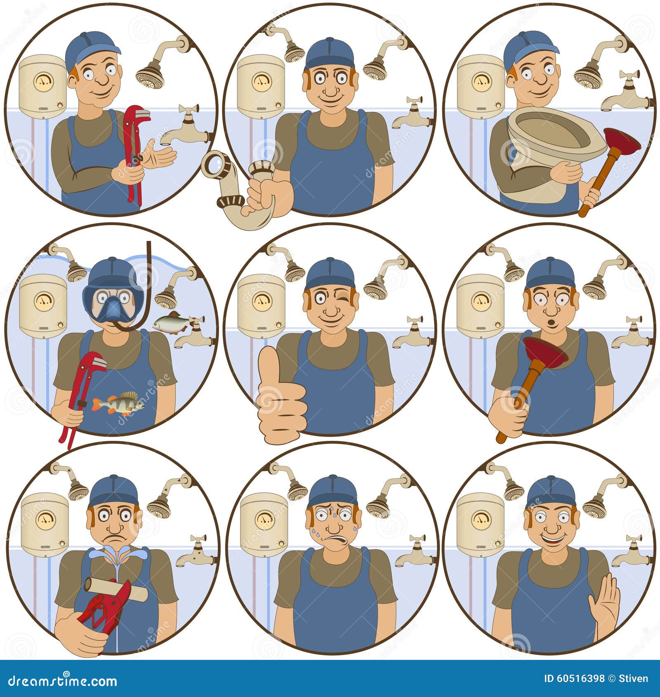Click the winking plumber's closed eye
pyautogui.click(x=345, y=298)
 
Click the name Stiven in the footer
pyautogui.click(x=634, y=678)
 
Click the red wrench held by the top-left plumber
pyautogui.click(x=134, y=153)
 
